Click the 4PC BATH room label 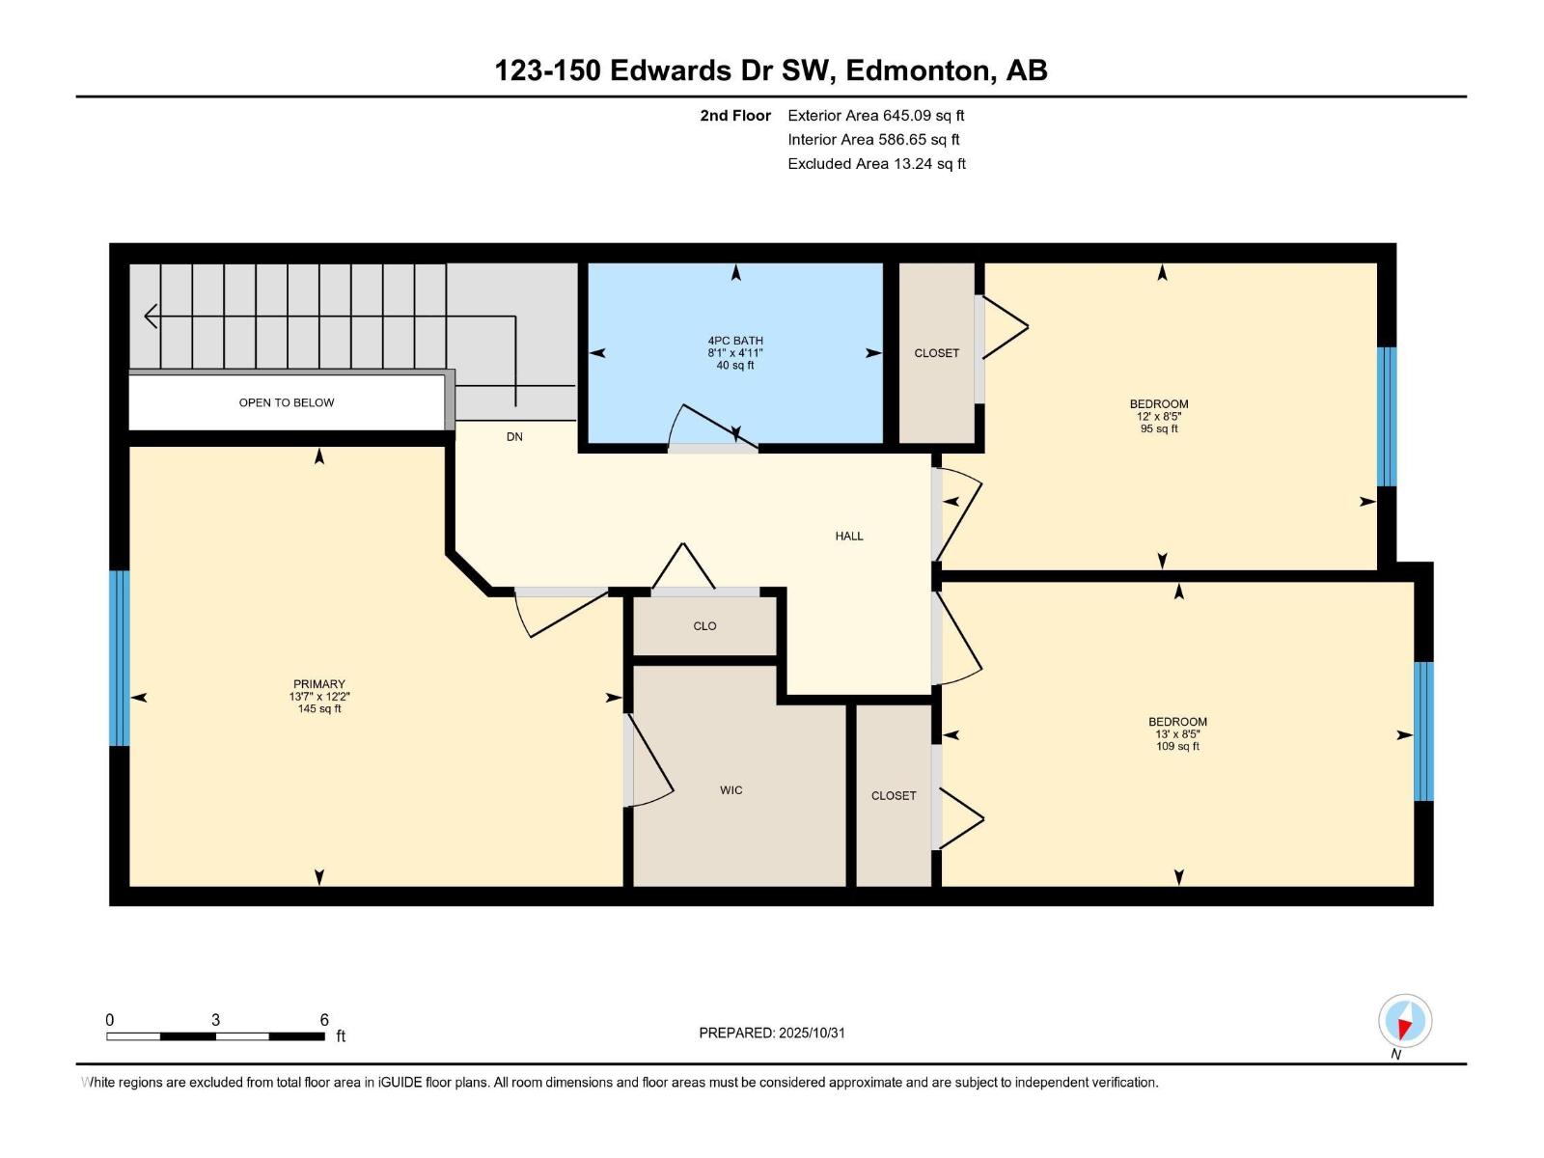(x=735, y=341)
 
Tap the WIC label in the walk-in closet (x=731, y=790)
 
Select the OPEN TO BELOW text (x=287, y=402)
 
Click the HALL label (x=849, y=536)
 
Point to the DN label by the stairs (x=514, y=437)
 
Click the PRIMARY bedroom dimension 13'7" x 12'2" (x=319, y=697)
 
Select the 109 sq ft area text (x=1177, y=746)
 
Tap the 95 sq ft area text (x=1159, y=428)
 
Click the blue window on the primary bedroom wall (x=119, y=658)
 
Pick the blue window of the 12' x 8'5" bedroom (x=1386, y=416)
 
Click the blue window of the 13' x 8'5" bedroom (x=1423, y=731)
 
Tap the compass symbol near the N (x=1405, y=1021)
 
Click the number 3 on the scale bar (x=215, y=1020)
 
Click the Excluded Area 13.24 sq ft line (x=876, y=164)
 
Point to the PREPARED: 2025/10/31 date (x=772, y=1033)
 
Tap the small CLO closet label (x=704, y=626)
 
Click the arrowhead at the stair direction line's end (x=151, y=316)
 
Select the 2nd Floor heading (x=735, y=116)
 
